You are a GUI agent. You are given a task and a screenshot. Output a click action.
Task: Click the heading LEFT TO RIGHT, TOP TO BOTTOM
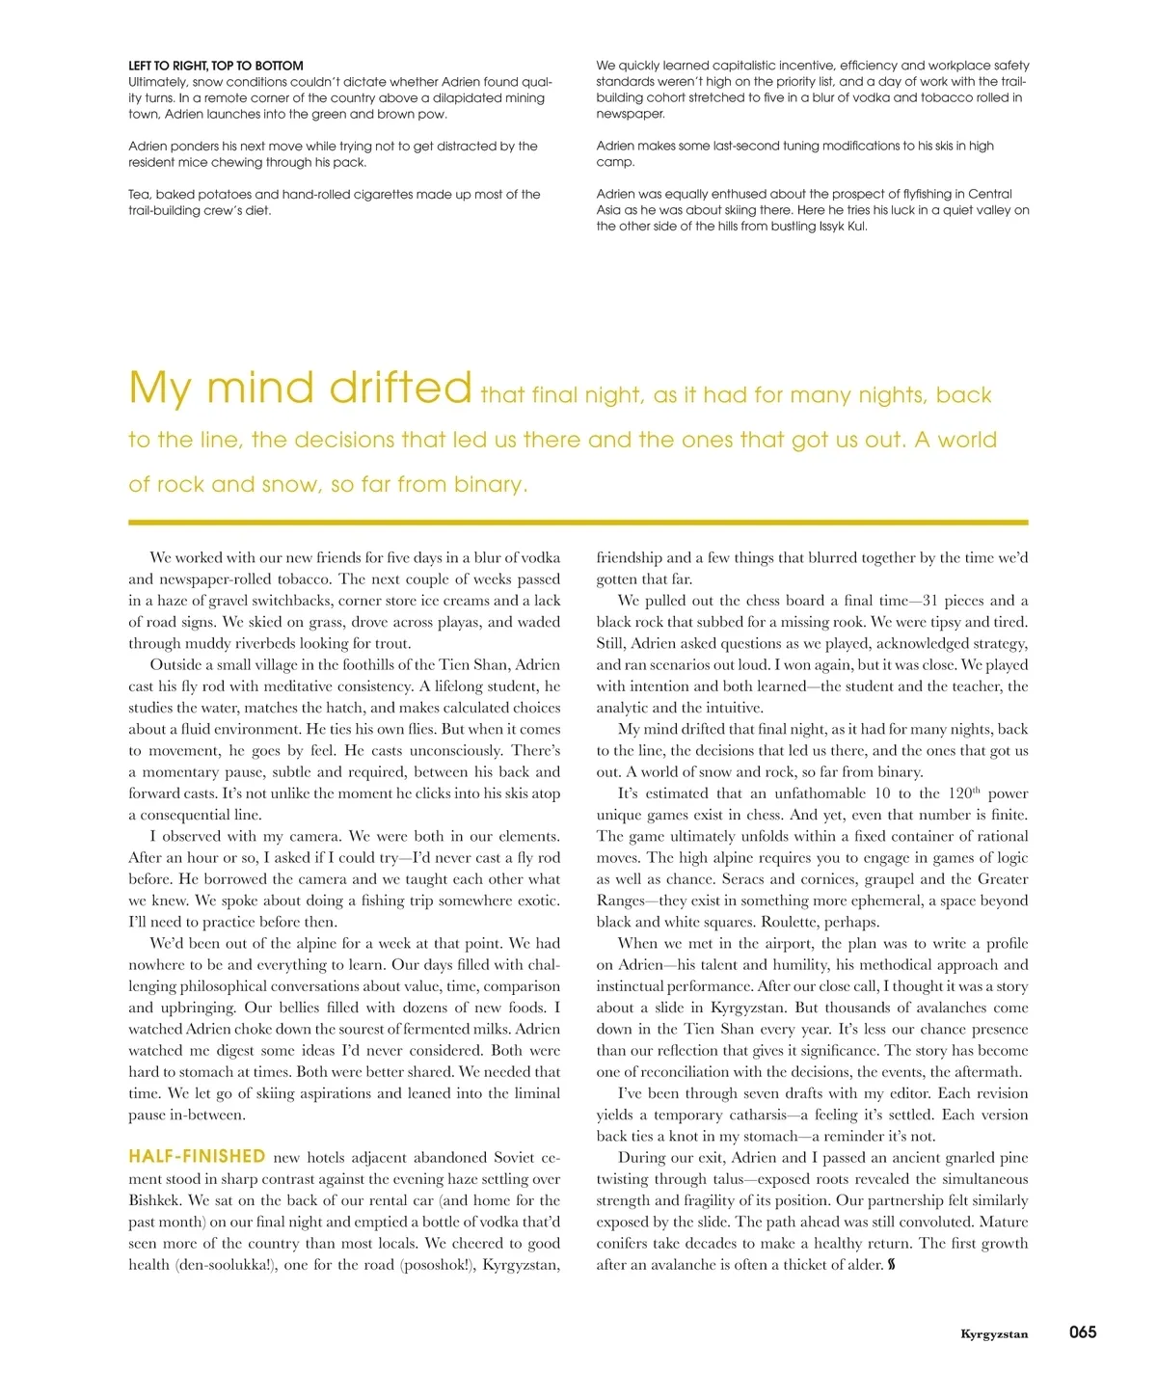click(216, 66)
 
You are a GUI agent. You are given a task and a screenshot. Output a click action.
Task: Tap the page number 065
click(1083, 1332)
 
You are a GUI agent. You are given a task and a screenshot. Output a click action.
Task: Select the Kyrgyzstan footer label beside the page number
click(994, 1334)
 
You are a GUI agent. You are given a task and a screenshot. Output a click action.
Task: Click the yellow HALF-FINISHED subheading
click(197, 1156)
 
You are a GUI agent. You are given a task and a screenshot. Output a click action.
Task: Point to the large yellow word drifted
click(400, 388)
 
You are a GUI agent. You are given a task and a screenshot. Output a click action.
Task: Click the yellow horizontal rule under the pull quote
click(578, 523)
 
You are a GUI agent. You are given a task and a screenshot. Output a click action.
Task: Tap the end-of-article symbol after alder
click(892, 1265)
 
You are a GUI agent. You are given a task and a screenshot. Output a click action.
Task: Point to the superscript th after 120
click(976, 790)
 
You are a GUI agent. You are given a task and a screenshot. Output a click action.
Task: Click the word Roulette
click(791, 922)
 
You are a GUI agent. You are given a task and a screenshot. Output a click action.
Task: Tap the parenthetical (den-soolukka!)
click(226, 1265)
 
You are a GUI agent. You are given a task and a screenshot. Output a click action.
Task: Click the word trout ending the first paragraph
click(391, 643)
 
